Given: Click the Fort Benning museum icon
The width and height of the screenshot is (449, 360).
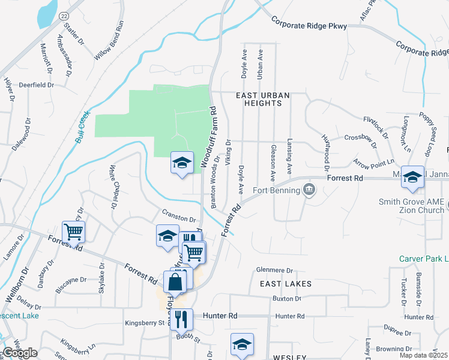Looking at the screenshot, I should pos(309,191).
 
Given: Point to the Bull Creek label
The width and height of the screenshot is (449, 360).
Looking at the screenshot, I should pos(82,127).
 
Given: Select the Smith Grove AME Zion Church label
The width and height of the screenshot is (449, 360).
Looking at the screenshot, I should pos(411,206).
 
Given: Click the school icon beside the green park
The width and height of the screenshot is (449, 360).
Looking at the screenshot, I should pos(182,163).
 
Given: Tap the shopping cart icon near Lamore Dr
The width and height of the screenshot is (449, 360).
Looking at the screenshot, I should pos(73,231).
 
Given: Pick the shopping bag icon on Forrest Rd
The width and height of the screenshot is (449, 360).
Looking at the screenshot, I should pos(175,281).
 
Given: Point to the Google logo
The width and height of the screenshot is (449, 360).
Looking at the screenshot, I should pos(20,353).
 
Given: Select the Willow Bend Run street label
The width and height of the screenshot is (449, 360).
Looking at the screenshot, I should pos(109,40).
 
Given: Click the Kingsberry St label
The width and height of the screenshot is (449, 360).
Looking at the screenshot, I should pos(145,323).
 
